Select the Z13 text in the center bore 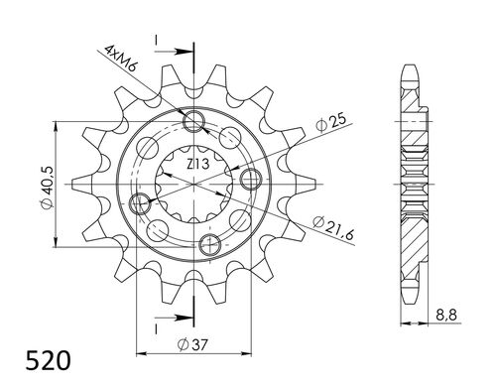196,175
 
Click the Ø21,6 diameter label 334,224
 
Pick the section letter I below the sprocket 157,325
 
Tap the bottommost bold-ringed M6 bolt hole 210,244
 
